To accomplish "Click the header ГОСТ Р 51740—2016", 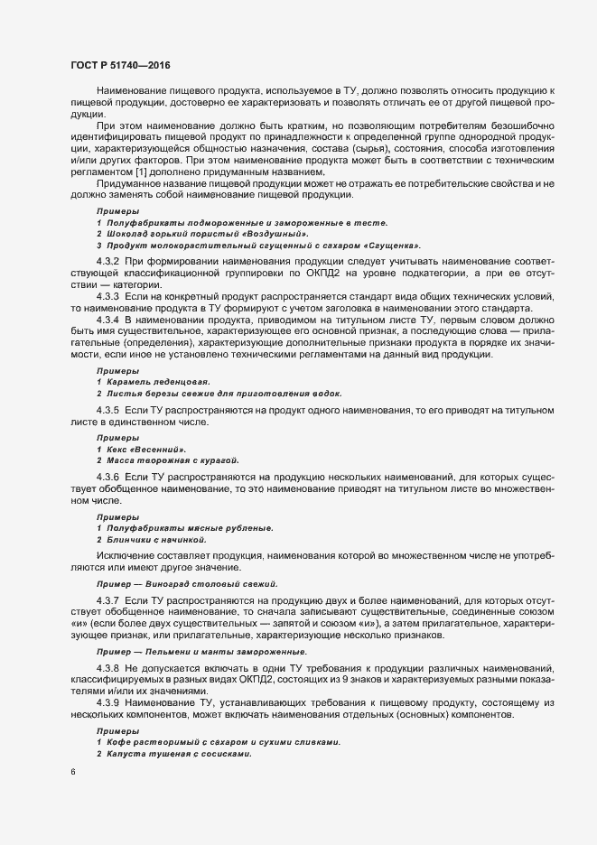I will coord(119,65).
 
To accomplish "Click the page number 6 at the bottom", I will coord(72,772).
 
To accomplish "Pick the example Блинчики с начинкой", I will coord(158,539).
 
